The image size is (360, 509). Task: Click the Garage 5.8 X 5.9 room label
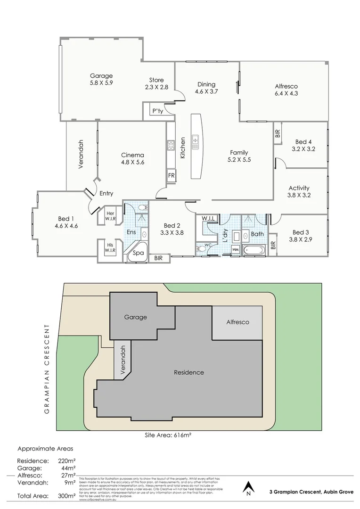(x=101, y=79)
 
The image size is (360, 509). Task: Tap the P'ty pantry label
(x=157, y=112)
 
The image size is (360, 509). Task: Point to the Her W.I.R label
(x=110, y=216)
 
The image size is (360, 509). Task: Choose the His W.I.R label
(x=110, y=248)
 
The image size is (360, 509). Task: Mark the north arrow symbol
(x=248, y=487)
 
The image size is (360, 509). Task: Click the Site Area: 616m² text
(x=167, y=435)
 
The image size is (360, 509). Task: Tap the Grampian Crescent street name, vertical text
(x=47, y=369)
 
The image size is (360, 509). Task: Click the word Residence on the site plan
(x=189, y=372)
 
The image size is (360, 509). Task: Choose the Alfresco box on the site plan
(x=237, y=322)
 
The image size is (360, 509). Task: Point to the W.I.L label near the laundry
(x=209, y=219)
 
